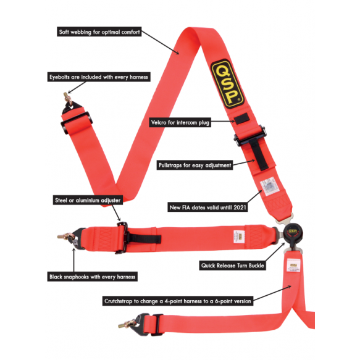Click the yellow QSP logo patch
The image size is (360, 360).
[x=227, y=84]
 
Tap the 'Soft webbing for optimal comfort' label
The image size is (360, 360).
[x=99, y=31]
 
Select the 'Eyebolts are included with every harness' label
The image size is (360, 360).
[x=99, y=77]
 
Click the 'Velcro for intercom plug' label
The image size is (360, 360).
[x=180, y=122]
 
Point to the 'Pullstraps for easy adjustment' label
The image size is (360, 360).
[x=195, y=165]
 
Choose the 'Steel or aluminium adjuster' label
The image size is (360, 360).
[x=88, y=200]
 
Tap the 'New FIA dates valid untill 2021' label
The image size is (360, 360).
[x=207, y=207]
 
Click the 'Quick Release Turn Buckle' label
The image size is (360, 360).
[x=233, y=266]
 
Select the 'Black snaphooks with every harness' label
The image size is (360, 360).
[x=92, y=277]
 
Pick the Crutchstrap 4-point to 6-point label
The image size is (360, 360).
[x=178, y=301]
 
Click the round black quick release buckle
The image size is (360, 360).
[x=293, y=235]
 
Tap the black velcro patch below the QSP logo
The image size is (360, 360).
[x=242, y=119]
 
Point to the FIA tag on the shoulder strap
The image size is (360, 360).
[x=267, y=186]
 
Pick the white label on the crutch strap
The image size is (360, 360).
[x=293, y=266]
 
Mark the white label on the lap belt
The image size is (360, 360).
[x=239, y=237]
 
